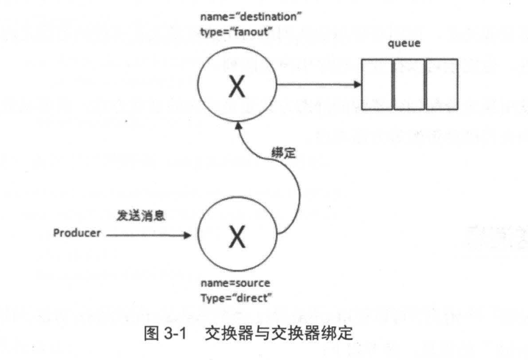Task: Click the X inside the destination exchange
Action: (235, 86)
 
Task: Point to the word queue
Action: (403, 44)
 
